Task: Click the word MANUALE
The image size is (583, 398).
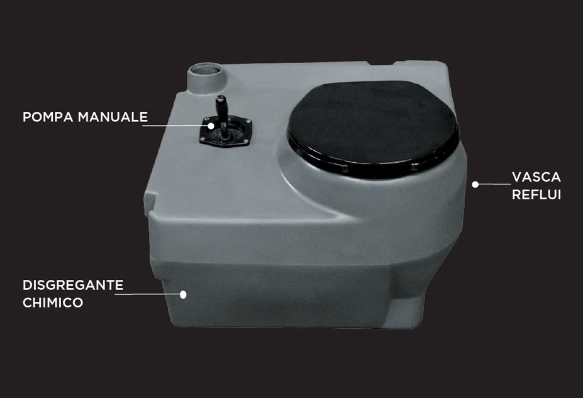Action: point(116,118)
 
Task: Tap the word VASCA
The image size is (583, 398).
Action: point(536,177)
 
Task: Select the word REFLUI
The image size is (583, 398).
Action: point(536,195)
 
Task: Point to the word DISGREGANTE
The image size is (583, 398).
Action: point(73,285)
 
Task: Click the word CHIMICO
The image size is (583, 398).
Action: point(53,303)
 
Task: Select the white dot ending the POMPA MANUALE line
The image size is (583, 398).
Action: point(211,126)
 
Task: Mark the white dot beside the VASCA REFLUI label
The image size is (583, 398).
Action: point(475,185)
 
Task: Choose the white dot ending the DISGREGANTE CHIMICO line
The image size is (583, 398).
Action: point(184,294)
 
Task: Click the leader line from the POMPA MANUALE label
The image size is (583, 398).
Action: point(176,126)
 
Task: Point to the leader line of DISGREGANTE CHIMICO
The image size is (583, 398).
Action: point(151,294)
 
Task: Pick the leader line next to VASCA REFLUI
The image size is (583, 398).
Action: point(494,185)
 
